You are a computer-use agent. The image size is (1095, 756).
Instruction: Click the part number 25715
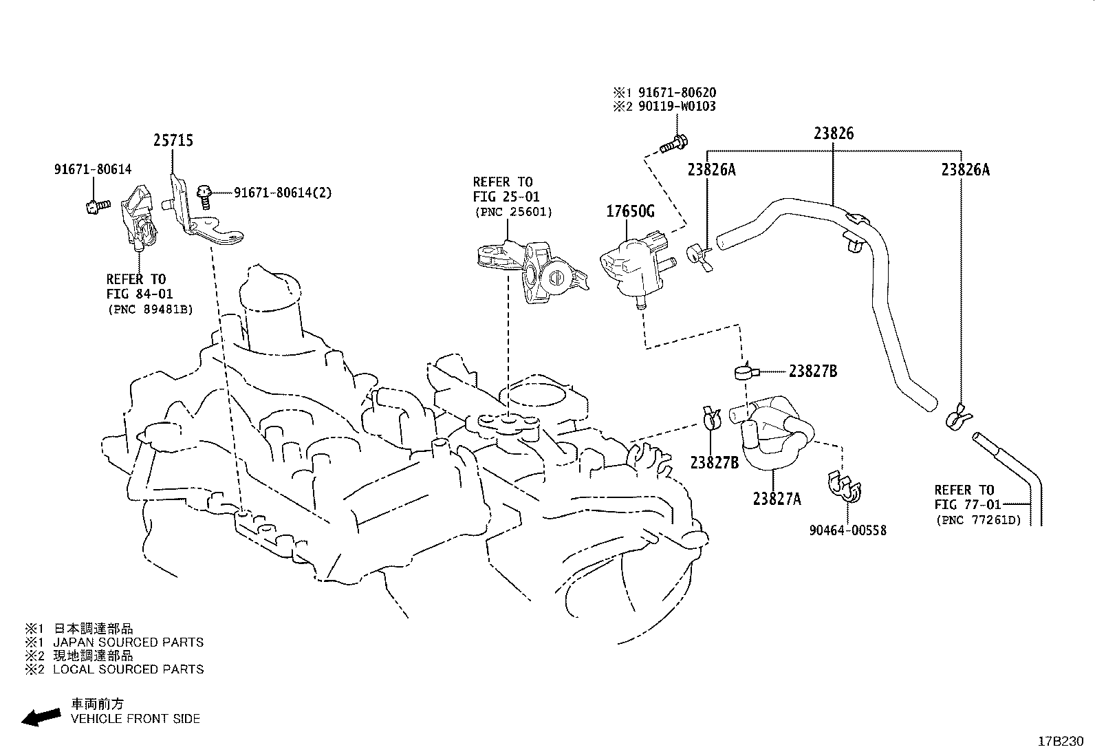coord(173,140)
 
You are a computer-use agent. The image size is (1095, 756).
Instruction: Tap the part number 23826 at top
coord(834,133)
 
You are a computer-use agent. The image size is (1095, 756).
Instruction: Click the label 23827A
coord(777,499)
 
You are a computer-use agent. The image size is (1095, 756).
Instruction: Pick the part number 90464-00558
coord(848,530)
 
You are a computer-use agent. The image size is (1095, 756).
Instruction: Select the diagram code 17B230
coord(1061,742)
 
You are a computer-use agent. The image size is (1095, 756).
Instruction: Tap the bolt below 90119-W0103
coord(674,144)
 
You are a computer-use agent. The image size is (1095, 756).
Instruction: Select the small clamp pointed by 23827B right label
coord(746,373)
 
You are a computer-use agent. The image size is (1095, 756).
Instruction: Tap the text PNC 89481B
coord(150,310)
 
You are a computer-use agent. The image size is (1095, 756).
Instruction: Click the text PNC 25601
coord(513,212)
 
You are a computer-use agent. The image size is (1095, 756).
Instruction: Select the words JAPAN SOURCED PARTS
coord(128,642)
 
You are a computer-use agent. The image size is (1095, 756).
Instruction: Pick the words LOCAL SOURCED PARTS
coord(128,669)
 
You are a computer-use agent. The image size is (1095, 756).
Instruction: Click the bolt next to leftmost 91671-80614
coord(97,204)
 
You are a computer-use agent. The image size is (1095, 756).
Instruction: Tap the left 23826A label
coord(711,169)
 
